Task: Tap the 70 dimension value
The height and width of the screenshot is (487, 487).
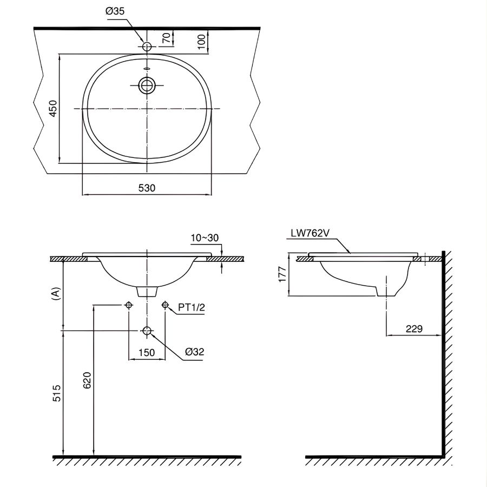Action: click(167, 38)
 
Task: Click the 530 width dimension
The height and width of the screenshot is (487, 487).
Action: click(147, 188)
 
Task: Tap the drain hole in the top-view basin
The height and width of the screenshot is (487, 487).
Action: click(147, 85)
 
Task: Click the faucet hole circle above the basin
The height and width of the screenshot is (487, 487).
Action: click(147, 47)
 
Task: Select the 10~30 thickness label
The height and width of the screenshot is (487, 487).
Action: click(205, 238)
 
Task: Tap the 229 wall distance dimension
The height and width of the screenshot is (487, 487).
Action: click(413, 328)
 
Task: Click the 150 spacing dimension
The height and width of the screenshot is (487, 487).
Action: click(146, 352)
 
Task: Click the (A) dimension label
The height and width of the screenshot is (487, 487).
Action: click(54, 294)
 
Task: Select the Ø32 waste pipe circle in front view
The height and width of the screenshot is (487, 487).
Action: click(147, 330)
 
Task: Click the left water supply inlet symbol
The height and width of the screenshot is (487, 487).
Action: click(128, 305)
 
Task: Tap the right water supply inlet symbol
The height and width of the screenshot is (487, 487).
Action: click(165, 305)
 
